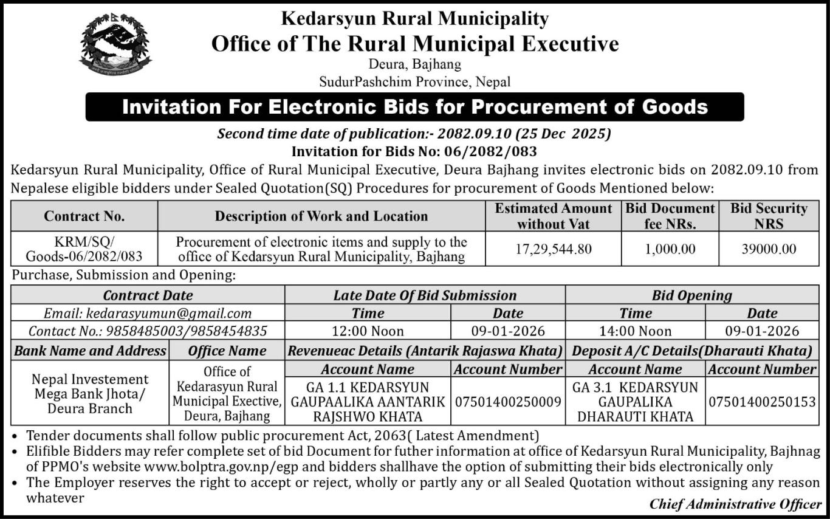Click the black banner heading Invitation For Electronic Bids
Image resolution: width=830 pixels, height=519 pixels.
414,107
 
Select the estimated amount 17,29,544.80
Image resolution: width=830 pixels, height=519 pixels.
552,249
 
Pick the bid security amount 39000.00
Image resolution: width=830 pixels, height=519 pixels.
768,249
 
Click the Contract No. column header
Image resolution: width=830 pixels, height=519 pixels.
84,216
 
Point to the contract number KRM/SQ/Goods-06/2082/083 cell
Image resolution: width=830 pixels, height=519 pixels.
84,249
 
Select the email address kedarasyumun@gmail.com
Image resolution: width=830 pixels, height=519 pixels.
147,314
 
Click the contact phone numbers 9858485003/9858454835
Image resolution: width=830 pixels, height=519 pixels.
148,331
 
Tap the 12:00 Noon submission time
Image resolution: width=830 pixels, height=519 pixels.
368,331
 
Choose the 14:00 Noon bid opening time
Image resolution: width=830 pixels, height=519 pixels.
635,331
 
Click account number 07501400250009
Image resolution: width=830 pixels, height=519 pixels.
508,402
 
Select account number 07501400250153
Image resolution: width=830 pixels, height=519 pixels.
762,402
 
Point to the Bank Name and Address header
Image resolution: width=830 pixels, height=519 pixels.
90,351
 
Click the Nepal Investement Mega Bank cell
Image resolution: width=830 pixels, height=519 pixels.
90,393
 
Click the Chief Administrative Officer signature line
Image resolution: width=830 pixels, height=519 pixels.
735,504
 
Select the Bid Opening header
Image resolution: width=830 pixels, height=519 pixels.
691,295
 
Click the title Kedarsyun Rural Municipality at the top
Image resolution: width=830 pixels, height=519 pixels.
414,19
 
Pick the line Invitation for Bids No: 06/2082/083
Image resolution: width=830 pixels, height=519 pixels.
414,151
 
